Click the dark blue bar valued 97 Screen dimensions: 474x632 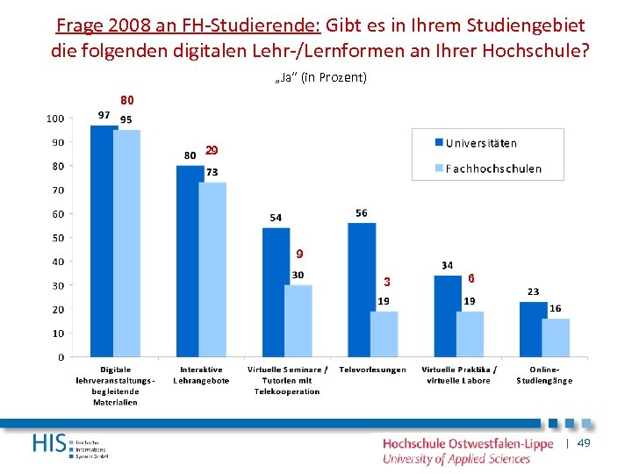coord(104,241)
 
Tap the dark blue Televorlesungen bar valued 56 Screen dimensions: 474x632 coord(362,290)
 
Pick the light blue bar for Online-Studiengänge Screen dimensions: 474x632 coord(556,338)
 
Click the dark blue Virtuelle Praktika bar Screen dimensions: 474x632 coord(448,316)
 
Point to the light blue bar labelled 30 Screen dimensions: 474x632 coord(298,321)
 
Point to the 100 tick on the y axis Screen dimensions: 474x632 coord(54,118)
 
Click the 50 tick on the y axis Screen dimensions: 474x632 coord(57,238)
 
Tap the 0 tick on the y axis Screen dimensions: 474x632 coord(60,357)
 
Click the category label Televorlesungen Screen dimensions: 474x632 coord(372,370)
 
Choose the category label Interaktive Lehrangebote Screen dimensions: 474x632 coord(201,375)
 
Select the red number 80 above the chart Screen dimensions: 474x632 coord(127,100)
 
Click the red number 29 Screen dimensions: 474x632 coord(211,151)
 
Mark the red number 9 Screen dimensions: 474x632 coord(299,255)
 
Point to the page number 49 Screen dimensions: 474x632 coord(584,444)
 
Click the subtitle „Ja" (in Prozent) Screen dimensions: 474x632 coord(320,78)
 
